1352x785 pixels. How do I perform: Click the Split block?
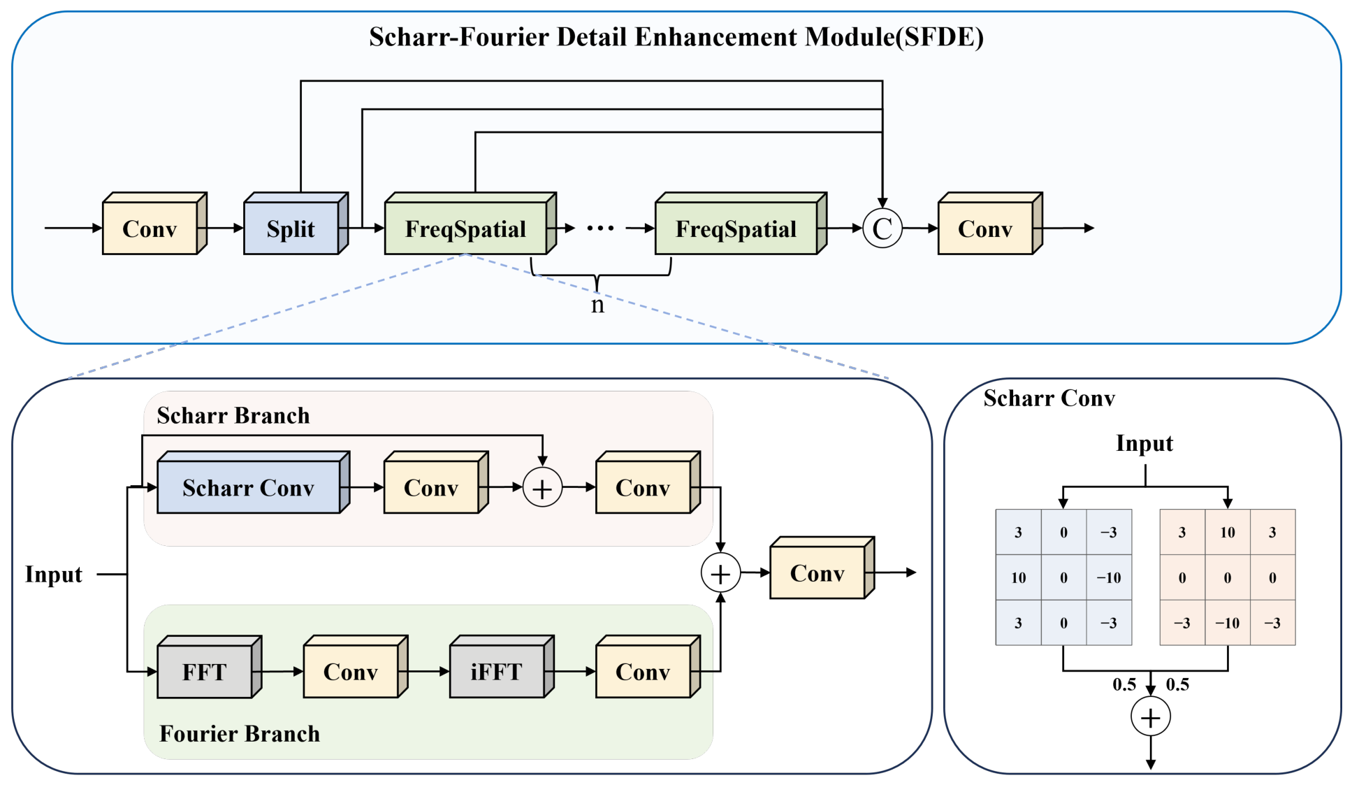coord(296,224)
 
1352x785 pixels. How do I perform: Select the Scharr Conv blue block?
coord(253,482)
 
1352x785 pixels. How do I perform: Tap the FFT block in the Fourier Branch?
coord(209,667)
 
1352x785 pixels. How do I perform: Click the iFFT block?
coord(502,667)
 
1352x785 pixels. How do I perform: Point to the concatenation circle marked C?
coord(882,229)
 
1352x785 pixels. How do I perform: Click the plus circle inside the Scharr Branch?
coord(542,488)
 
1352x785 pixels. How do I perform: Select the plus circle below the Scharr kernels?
coord(1151,717)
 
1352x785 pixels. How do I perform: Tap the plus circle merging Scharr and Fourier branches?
coord(720,573)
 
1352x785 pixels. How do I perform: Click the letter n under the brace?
coord(597,305)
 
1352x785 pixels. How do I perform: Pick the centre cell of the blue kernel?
coord(1063,577)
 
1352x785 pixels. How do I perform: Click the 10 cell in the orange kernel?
coord(1228,532)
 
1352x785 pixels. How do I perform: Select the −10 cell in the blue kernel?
coord(1109,577)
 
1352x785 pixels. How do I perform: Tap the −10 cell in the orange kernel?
coord(1228,623)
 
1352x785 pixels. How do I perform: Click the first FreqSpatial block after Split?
coord(470,224)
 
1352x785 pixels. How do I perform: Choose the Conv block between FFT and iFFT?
coord(356,667)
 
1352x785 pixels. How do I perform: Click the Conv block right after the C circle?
coord(990,224)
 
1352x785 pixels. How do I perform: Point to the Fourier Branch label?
coord(240,733)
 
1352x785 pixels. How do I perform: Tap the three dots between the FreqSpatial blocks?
coord(600,229)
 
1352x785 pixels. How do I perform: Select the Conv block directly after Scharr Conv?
coord(436,482)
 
